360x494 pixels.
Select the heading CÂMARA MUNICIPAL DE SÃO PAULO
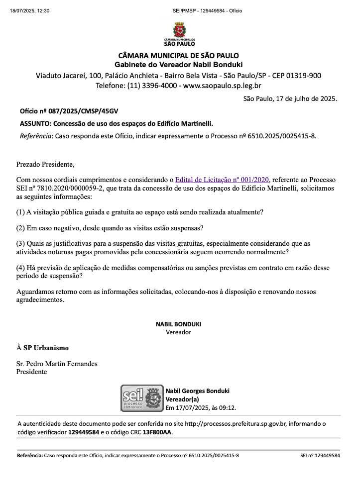pyautogui.click(x=178, y=55)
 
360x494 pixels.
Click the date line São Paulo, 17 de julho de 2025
pyautogui.click(x=290, y=99)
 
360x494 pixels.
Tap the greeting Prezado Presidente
pyautogui.click(x=45, y=164)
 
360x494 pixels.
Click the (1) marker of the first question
pyautogui.click(x=20, y=212)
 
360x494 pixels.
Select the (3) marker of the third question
pyautogui.click(x=20, y=243)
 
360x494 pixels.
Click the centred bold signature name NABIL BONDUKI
pyautogui.click(x=178, y=324)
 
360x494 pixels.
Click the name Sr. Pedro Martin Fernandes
pyautogui.click(x=57, y=364)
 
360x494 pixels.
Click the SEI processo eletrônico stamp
pyautogui.click(x=142, y=397)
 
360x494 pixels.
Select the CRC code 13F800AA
pyautogui.click(x=157, y=432)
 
